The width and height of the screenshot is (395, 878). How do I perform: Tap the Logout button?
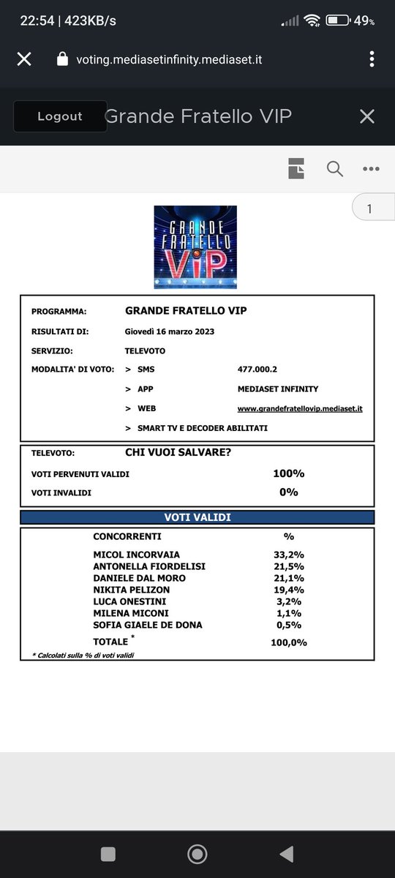tap(59, 116)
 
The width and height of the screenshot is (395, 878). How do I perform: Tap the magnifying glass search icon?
tap(334, 168)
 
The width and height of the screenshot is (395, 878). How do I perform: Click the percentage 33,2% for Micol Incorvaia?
tap(288, 555)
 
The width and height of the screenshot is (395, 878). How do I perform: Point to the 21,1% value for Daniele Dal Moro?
tap(288, 578)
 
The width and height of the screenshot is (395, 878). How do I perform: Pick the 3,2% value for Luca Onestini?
tap(288, 601)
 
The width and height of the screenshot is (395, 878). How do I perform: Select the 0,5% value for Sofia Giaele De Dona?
tap(288, 625)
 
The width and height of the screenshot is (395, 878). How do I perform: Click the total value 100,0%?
tap(288, 642)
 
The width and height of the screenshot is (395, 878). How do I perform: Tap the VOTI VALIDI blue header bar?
tap(197, 517)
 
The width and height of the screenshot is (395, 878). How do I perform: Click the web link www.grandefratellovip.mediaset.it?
tap(300, 408)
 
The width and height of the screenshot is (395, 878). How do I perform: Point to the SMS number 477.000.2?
tap(258, 369)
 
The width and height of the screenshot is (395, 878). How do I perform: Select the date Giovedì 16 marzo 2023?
tap(170, 331)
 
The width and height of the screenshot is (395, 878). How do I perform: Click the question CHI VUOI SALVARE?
tap(178, 453)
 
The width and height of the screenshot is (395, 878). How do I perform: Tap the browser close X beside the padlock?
tap(24, 59)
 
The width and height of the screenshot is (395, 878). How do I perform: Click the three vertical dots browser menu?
tap(372, 59)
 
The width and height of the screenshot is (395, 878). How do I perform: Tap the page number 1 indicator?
tap(369, 209)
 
